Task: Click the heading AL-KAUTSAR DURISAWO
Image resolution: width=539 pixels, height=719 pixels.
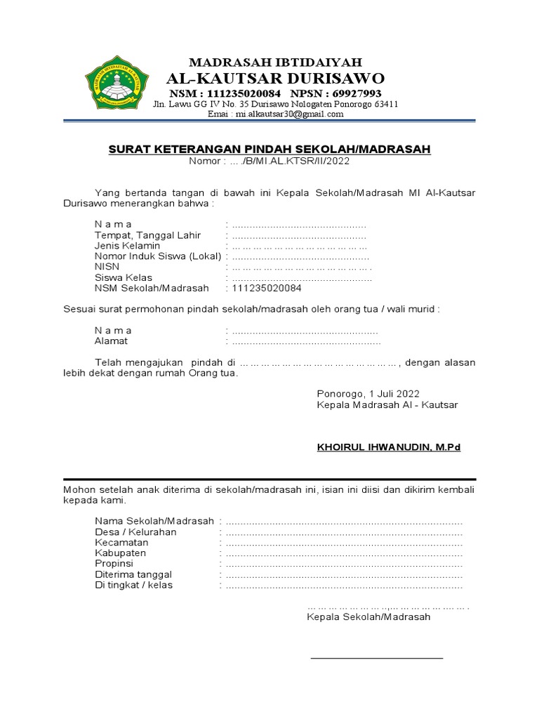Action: [x=275, y=77]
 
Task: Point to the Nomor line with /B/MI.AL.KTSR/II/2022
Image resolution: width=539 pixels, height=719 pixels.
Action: [x=269, y=161]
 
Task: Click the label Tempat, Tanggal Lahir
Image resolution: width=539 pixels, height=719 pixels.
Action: [x=147, y=235]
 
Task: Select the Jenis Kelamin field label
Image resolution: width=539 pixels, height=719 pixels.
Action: [x=127, y=246]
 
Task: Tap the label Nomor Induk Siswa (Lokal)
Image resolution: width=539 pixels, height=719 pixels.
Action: [x=158, y=256]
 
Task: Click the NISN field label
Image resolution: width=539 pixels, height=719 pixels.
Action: [x=107, y=267]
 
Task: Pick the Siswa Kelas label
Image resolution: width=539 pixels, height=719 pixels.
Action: [x=124, y=278]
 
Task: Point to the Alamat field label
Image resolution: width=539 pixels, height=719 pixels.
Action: [x=111, y=341]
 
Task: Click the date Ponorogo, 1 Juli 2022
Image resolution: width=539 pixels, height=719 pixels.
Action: [x=368, y=394]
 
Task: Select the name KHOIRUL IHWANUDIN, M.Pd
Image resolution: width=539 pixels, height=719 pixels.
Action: [x=388, y=447]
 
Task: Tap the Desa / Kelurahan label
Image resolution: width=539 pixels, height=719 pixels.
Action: [x=135, y=532]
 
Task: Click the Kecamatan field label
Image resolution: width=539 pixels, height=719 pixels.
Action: [x=121, y=543]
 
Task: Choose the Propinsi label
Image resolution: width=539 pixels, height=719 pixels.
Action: [x=114, y=564]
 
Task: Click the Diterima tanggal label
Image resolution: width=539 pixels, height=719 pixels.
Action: [x=133, y=574]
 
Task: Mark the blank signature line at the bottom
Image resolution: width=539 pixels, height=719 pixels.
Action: [x=377, y=658]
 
